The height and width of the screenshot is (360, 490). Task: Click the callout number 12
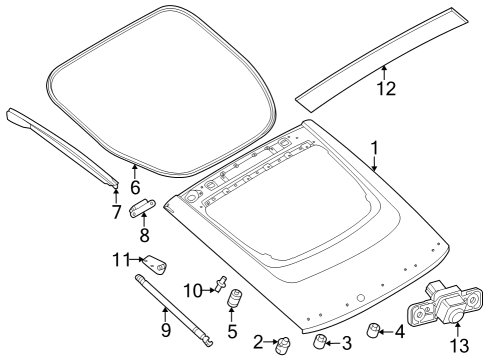click(386, 89)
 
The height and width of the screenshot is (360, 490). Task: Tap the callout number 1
click(375, 148)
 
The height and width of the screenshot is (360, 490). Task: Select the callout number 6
click(135, 188)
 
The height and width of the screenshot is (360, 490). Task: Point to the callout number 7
click(116, 212)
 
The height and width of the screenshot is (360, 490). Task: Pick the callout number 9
click(166, 330)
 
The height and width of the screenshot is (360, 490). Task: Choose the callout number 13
click(459, 346)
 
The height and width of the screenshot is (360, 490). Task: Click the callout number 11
click(121, 260)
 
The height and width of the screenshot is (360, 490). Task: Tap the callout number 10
click(193, 291)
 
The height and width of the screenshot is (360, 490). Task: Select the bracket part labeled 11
click(155, 264)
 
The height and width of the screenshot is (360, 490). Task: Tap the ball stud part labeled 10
click(222, 284)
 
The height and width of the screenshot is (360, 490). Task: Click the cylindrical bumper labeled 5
click(235, 297)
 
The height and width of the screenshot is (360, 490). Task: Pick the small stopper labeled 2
click(283, 345)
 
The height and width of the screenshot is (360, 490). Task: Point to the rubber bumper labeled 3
click(320, 341)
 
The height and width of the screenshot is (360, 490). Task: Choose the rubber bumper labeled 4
click(373, 330)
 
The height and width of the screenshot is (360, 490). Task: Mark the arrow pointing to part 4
click(386, 332)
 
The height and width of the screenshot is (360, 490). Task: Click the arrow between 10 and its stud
click(209, 290)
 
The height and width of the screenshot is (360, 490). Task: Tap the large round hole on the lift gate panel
click(360, 298)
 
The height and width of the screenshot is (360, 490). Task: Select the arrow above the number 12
click(384, 72)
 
